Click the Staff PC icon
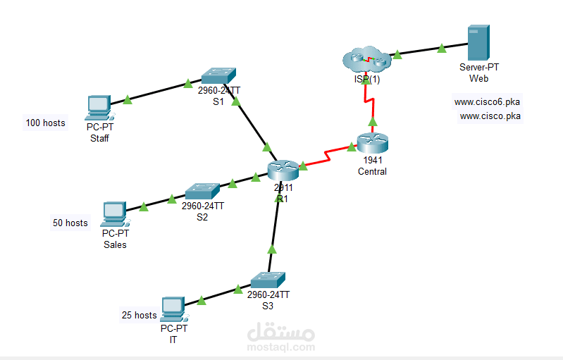99,107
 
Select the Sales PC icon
113,213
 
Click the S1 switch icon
218,76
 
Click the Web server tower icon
478,44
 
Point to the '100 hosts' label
46,123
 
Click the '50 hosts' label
70,223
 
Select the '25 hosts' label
139,316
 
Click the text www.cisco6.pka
487,101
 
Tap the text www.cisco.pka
490,116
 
